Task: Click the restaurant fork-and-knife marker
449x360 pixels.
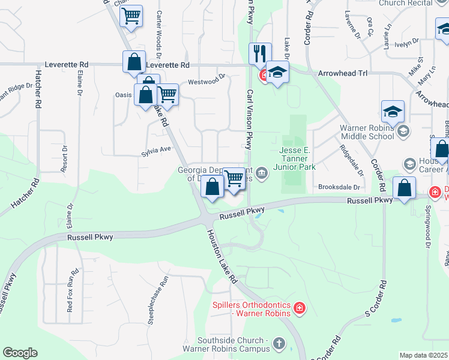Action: [x=260, y=53]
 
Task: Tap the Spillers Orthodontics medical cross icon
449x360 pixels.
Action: [x=299, y=309]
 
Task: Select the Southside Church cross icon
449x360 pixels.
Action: [x=278, y=343]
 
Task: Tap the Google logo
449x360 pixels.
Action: [x=20, y=353]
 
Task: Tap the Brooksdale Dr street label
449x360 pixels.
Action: [x=341, y=187]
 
